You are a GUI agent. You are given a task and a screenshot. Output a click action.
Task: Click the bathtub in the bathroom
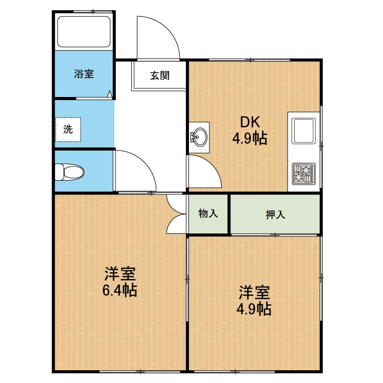[84, 32]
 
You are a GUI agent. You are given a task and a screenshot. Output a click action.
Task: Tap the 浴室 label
[84, 74]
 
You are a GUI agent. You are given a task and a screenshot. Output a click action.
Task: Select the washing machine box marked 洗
[68, 130]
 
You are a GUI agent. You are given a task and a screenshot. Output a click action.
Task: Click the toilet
[69, 172]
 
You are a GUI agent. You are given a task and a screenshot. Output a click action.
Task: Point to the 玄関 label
[159, 76]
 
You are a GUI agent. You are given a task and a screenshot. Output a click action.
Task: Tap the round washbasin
[199, 137]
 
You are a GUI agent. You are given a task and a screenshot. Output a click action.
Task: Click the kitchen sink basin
[304, 131]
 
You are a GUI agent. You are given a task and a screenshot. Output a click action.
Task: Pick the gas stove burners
[304, 174]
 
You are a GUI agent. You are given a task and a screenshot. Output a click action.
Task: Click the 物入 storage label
[208, 213]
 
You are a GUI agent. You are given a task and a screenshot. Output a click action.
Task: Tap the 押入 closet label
[275, 214]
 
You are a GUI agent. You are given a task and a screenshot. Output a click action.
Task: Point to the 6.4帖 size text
[119, 290]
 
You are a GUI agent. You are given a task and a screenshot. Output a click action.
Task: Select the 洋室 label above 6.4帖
[120, 274]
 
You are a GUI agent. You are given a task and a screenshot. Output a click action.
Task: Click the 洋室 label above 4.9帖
[254, 293]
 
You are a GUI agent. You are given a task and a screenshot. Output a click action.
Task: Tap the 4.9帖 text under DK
[249, 139]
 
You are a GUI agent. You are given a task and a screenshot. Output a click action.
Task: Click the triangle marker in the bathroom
[110, 94]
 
